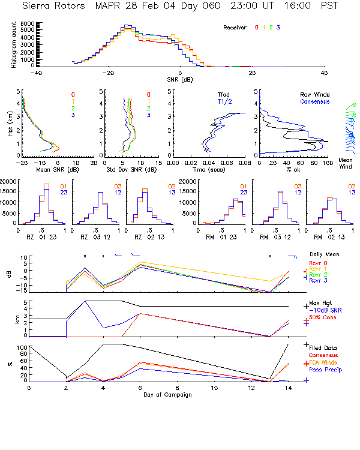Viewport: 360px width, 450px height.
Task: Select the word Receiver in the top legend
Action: click(235, 28)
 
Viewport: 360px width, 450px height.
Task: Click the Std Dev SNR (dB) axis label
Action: click(130, 169)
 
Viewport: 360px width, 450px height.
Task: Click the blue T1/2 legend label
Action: click(224, 101)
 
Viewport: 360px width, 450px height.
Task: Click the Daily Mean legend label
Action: click(324, 254)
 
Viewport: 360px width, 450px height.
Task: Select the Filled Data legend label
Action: click(325, 347)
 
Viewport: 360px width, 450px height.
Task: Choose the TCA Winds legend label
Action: click(324, 362)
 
